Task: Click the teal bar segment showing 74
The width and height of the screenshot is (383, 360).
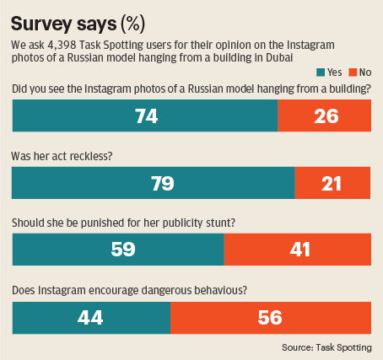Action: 144,116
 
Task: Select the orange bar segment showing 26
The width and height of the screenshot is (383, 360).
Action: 325,116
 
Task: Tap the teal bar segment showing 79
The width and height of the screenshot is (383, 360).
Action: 153,183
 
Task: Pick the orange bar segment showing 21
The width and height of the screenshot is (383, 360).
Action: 333,183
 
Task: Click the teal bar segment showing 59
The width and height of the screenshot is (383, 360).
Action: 117,250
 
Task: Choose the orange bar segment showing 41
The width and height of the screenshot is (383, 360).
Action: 298,250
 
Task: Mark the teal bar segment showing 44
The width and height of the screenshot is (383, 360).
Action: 91,318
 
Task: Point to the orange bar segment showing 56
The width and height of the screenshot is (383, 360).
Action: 271,318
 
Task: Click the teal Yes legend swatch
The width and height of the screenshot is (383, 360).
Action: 319,73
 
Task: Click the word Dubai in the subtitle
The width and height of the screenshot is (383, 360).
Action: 276,56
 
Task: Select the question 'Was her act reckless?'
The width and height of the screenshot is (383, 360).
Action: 65,156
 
